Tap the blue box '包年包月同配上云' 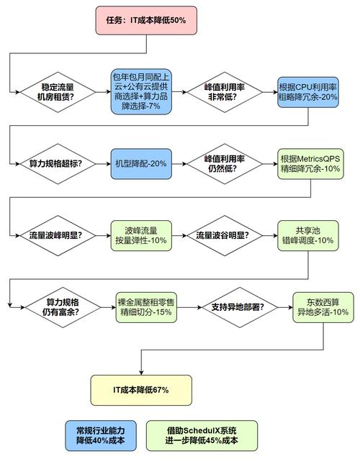(141, 92)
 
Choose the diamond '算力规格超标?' (56, 163)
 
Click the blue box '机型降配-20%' (141, 163)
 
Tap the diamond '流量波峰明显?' (56, 235)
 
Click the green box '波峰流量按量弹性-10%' (141, 235)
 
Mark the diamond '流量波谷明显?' (223, 235)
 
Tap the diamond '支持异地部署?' (238, 307)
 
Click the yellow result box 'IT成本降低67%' (141, 389)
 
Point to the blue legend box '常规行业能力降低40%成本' (101, 435)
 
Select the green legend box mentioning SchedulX (201, 435)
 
